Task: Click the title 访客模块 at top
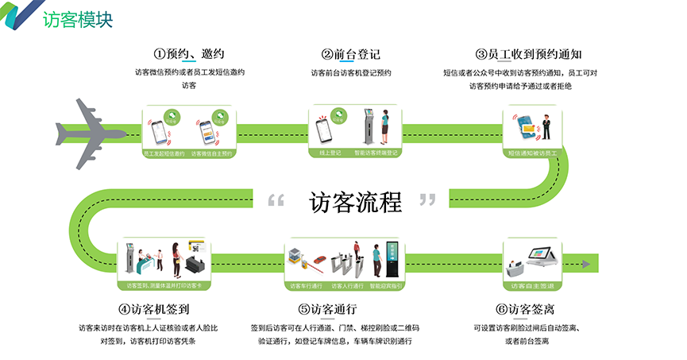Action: coord(78,18)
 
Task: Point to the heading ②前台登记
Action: coord(351,54)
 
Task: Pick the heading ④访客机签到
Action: coord(153,308)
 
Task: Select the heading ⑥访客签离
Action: coord(524,308)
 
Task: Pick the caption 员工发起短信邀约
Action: coord(164,152)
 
